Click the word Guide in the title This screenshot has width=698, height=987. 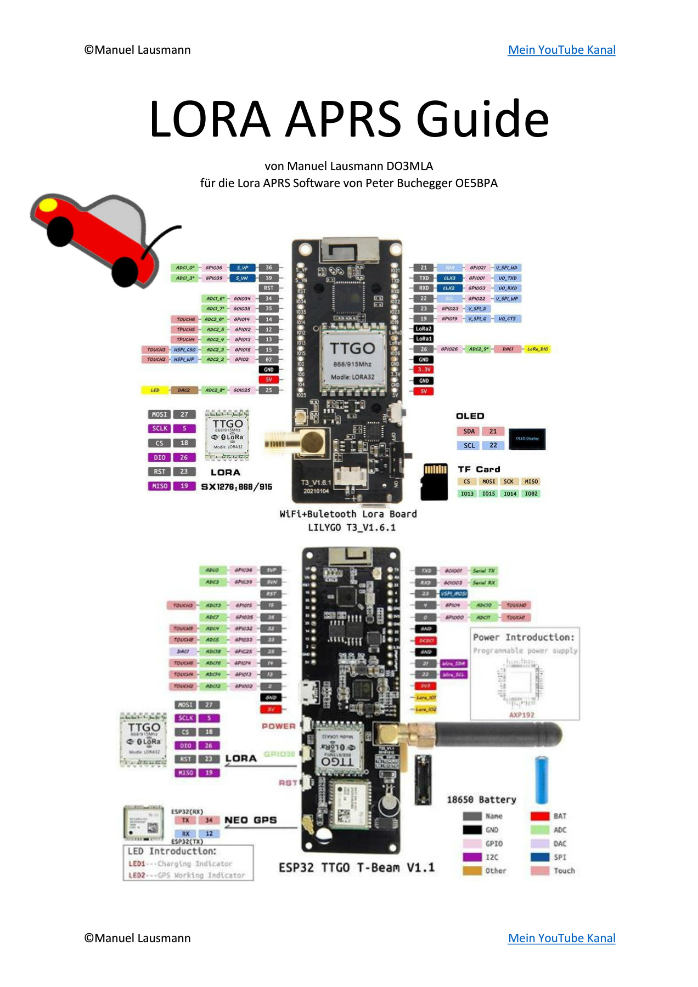click(482, 119)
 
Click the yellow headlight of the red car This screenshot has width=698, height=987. click(48, 205)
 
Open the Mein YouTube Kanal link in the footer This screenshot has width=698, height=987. click(561, 938)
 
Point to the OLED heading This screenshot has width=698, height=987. click(470, 416)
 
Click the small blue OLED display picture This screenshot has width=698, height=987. click(527, 439)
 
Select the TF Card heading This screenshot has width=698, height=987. click(479, 469)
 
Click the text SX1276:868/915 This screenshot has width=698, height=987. click(237, 487)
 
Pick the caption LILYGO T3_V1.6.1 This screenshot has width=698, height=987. click(351, 527)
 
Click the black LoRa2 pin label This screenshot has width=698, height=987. click(424, 329)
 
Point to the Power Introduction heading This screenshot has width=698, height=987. click(523, 637)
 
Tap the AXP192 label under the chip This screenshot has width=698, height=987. click(521, 715)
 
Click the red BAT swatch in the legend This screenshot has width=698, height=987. click(540, 816)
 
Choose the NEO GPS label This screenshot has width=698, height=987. click(250, 820)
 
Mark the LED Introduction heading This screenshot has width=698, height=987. click(172, 852)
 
